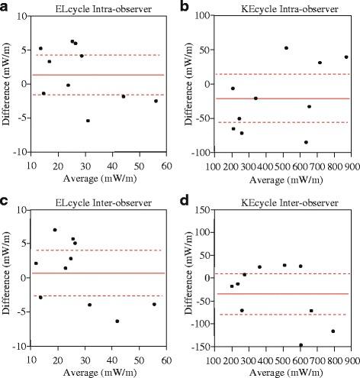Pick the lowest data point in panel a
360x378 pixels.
(88, 121)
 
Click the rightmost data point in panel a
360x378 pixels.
(156, 101)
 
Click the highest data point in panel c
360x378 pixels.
(55, 230)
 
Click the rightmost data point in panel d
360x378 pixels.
(333, 331)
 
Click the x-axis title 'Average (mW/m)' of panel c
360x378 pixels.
(98, 370)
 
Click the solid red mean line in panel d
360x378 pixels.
(282, 294)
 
